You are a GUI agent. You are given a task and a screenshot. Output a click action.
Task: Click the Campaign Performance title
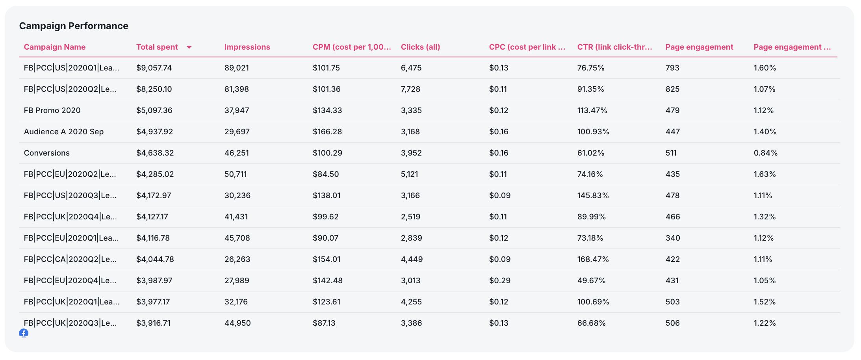tap(74, 26)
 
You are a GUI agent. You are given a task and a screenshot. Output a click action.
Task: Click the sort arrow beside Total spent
tap(189, 47)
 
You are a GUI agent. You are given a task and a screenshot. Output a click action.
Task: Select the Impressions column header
tap(247, 47)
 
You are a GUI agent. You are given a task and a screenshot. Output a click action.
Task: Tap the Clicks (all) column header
tap(420, 47)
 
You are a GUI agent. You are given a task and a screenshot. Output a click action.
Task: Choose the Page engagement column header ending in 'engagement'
tap(699, 47)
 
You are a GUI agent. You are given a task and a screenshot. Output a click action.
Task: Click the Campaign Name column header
tap(55, 47)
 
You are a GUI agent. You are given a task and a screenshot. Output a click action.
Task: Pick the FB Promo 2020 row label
tap(52, 110)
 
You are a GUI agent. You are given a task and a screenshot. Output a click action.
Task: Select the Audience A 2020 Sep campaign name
tap(64, 132)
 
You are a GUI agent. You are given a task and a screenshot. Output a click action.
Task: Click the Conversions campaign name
tap(46, 153)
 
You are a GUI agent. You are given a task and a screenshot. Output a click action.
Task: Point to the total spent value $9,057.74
tap(154, 68)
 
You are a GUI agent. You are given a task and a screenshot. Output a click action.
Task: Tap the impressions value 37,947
tap(237, 110)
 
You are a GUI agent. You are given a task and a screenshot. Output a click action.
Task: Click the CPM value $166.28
tap(327, 132)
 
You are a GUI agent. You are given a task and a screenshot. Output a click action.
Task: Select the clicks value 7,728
tap(410, 89)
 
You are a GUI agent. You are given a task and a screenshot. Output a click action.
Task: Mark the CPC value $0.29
tap(499, 280)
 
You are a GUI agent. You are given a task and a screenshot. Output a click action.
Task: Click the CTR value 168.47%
tap(593, 259)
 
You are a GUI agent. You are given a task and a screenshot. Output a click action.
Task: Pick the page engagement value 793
tap(672, 68)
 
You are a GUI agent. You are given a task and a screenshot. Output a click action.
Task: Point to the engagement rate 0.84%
tap(765, 153)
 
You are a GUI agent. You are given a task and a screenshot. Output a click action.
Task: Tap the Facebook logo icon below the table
tap(24, 333)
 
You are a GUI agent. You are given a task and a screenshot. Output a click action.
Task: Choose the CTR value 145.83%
tap(593, 195)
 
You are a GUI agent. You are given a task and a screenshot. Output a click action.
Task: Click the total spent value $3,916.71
tap(153, 323)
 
